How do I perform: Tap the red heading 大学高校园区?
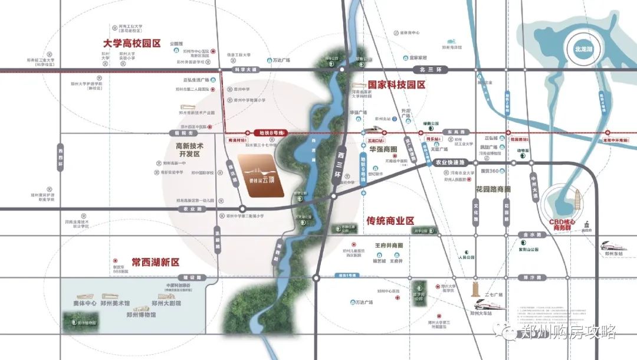tap(132, 44)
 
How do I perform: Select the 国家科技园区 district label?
tap(396, 85)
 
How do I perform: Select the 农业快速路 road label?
tap(450, 162)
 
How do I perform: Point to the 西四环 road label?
tap(60, 157)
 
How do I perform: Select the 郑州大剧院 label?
tap(166, 303)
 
